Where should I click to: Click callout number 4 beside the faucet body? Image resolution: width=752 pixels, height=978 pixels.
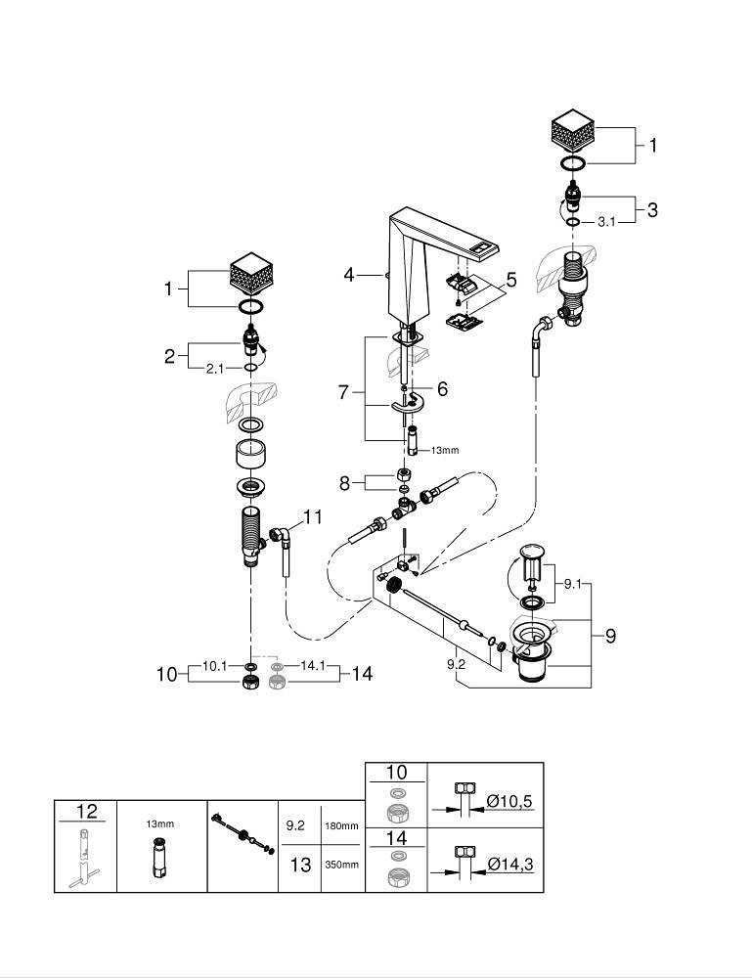click(x=349, y=275)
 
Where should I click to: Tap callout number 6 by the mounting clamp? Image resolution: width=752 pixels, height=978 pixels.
click(x=442, y=389)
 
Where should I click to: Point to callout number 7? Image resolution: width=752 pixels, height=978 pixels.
click(x=343, y=392)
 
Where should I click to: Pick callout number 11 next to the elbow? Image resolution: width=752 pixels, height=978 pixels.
click(x=312, y=517)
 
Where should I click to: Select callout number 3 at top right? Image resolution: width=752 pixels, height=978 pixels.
click(x=651, y=209)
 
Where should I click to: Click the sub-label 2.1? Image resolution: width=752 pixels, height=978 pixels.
click(x=214, y=369)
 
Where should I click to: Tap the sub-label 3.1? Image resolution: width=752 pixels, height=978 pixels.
click(x=606, y=222)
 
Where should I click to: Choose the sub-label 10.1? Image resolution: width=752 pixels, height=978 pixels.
click(x=214, y=666)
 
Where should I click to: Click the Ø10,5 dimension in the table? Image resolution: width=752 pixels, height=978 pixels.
click(x=510, y=802)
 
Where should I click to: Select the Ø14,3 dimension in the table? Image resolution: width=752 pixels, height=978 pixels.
click(x=510, y=864)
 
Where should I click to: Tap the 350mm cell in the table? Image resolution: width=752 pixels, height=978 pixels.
click(x=343, y=866)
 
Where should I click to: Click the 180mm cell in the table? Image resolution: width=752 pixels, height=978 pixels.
click(x=343, y=826)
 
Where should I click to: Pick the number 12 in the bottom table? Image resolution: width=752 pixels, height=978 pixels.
click(x=86, y=811)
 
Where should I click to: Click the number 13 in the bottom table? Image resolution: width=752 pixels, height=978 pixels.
click(x=300, y=865)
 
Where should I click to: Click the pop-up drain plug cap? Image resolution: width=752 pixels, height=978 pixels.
click(x=534, y=551)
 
